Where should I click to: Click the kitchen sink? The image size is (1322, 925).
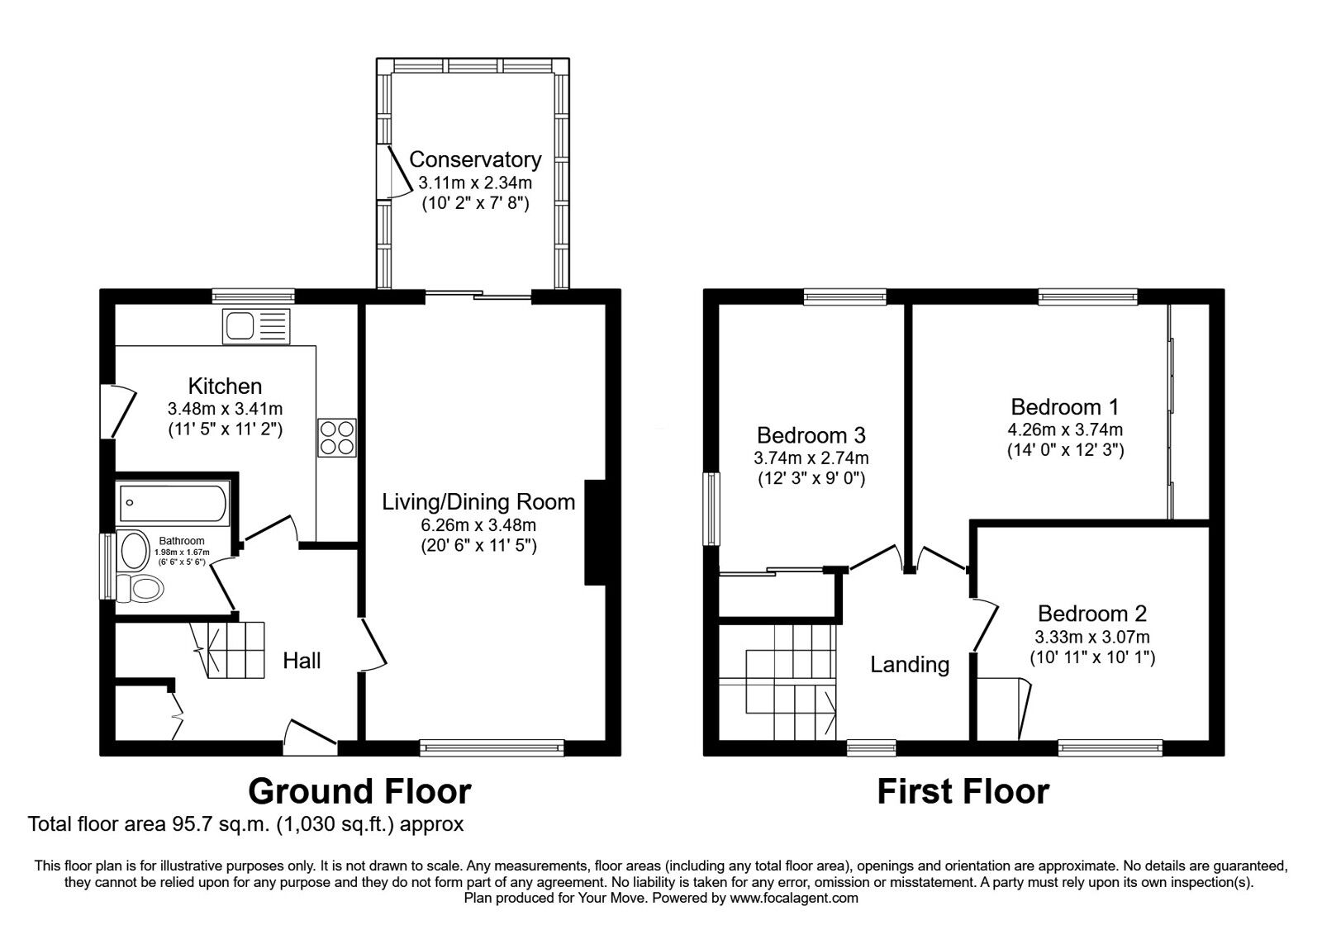tap(257, 326)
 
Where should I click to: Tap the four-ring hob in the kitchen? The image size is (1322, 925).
tap(337, 438)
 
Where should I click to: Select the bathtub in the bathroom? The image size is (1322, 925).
tap(173, 503)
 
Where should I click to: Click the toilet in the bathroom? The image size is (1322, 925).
tap(140, 589)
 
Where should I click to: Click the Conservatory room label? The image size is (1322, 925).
tap(475, 159)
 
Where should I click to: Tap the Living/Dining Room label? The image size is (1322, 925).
tap(478, 501)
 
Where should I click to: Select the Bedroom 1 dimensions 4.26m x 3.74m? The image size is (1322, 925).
tap(1065, 429)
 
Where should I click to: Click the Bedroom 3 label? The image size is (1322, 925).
tap(811, 435)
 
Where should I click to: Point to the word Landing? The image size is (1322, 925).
tap(910, 664)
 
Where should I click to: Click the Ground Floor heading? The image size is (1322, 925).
tap(359, 791)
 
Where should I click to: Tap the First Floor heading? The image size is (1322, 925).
tap(963, 791)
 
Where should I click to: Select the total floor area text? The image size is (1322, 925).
tap(245, 823)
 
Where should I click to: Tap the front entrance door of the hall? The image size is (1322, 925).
tap(311, 735)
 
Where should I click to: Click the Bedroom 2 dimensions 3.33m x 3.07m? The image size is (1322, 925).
tap(1092, 637)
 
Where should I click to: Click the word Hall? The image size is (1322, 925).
tap(302, 661)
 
